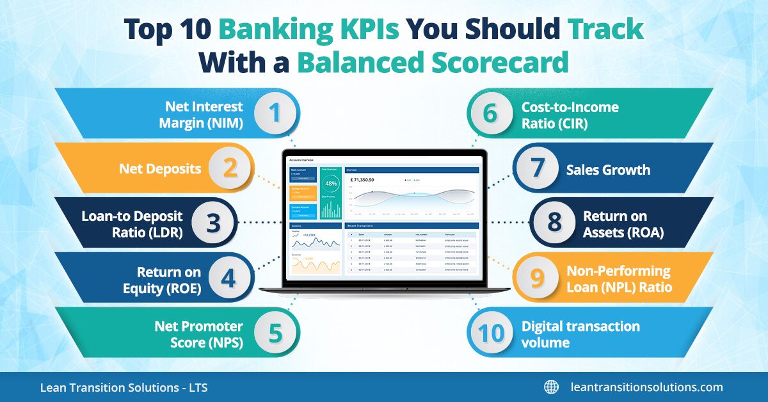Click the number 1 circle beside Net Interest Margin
pos(275,113)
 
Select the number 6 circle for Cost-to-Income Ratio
pos(490,113)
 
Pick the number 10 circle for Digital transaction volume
pos(490,334)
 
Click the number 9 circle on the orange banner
pos(537,278)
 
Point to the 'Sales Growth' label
pos(607,170)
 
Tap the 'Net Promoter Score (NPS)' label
pos(198,334)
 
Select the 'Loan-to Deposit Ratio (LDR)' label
pos(132,225)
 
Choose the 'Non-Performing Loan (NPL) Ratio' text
pos(619,279)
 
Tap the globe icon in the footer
pos(551,387)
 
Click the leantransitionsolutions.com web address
pos(646,387)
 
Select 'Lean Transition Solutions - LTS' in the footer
pos(124,387)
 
